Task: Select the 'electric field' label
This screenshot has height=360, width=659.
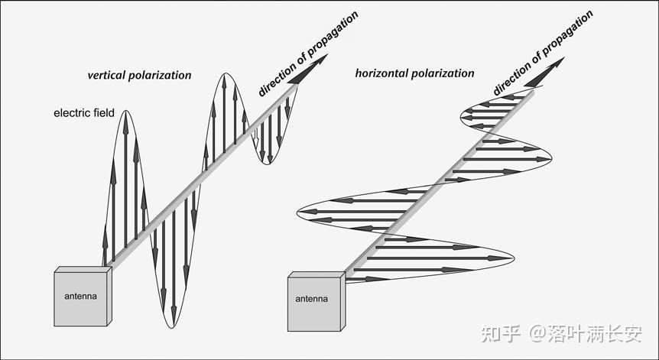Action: coord(84,113)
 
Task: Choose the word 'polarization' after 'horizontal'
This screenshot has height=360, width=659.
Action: coord(446,73)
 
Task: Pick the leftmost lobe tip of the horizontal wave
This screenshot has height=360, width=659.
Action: coord(299,209)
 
